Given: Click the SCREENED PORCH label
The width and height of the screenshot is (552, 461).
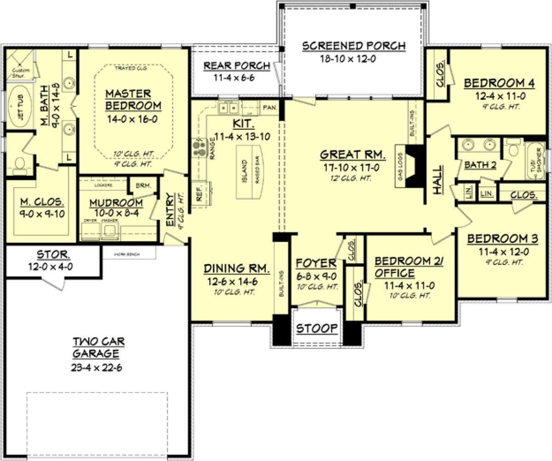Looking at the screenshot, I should [x=353, y=46].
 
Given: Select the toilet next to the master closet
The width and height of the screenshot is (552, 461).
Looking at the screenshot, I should [x=19, y=164].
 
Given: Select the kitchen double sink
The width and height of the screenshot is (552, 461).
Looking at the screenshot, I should [x=229, y=108].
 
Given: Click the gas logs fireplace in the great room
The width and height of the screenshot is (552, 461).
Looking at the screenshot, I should [x=414, y=167].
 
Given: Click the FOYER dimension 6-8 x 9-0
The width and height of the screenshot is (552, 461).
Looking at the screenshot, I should [x=316, y=276].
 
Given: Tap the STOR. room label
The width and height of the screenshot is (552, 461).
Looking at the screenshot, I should [x=53, y=254].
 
